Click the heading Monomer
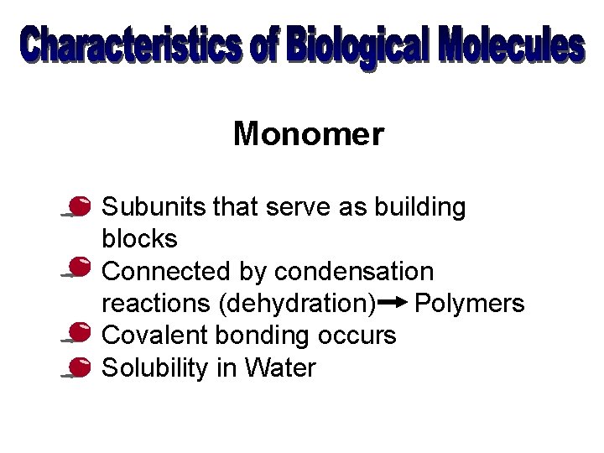[x=308, y=133]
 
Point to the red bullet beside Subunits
[x=81, y=206]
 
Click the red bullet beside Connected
[x=81, y=268]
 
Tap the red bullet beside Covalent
[x=81, y=333]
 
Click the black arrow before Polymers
[x=393, y=301]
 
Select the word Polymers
[x=470, y=303]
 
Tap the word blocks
[x=139, y=240]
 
